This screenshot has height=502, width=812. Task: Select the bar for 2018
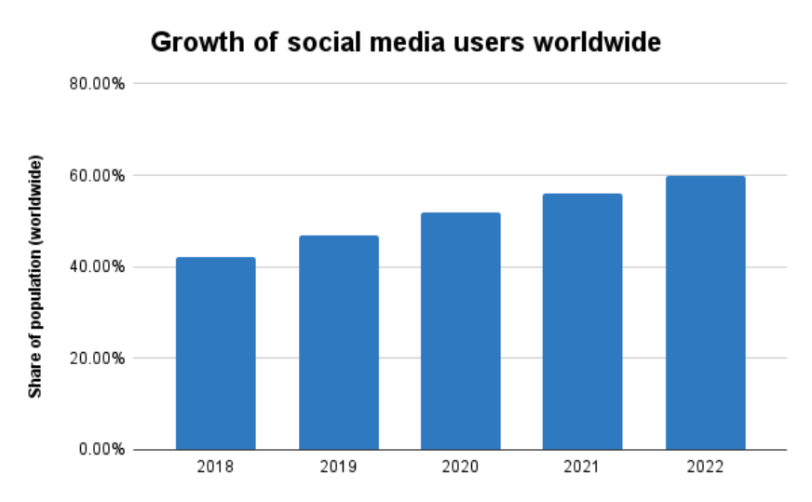215,354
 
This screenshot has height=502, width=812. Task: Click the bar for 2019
338,343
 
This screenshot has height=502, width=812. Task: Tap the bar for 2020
460,332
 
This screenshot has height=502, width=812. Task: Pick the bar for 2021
582,322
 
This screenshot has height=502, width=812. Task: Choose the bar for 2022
705,313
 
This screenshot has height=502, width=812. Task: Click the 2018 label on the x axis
215,467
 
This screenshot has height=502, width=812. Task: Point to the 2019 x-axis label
338,467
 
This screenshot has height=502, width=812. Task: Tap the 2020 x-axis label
460,467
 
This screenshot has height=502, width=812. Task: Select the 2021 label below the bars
582,467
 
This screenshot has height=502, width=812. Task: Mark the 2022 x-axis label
705,467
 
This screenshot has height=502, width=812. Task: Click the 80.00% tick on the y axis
97,84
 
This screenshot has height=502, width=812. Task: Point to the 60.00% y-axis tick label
97,175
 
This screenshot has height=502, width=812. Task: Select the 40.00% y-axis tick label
97,266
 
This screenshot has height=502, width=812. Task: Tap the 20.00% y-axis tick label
97,358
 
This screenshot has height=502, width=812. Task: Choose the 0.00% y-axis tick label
101,449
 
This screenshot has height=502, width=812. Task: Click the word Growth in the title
191,43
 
